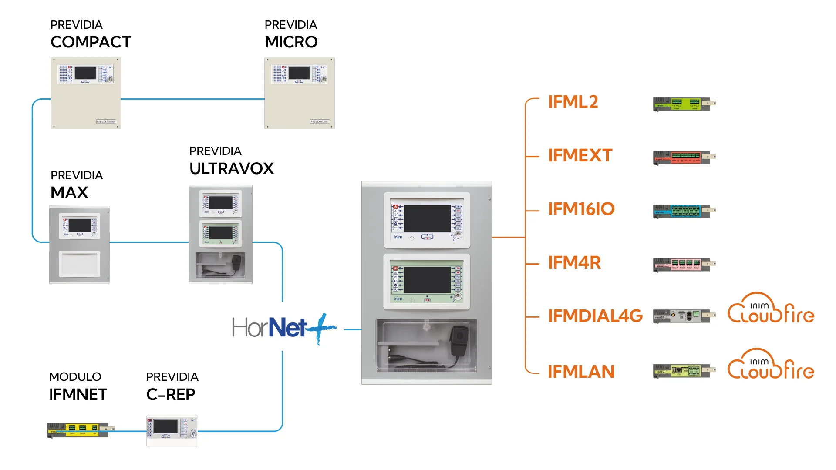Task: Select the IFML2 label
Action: coord(573,102)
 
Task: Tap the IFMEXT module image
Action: coord(684,157)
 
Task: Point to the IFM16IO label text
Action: coord(581,209)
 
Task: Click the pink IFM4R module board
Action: coord(684,264)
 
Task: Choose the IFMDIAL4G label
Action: coord(595,316)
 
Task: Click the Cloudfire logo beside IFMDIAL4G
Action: coord(771,309)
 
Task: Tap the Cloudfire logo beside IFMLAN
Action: coord(771,364)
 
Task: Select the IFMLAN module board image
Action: coord(684,371)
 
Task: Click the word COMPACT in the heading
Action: coord(91,42)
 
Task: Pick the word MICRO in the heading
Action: coord(291,42)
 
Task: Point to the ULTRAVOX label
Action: coord(232,169)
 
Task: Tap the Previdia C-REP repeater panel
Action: coord(172,430)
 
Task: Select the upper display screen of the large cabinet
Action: coord(427,218)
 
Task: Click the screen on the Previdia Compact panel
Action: coord(85,73)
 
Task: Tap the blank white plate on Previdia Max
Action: coord(80,264)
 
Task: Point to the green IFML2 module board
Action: coord(684,104)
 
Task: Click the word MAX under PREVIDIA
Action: coord(69,193)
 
